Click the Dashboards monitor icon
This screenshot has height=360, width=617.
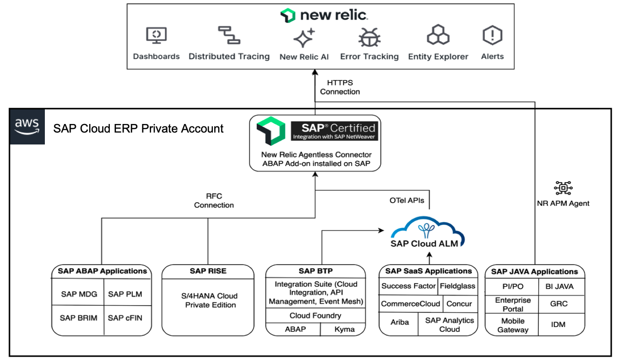pos(156,36)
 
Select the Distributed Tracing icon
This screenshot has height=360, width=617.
pos(229,35)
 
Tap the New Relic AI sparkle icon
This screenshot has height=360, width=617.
pos(304,38)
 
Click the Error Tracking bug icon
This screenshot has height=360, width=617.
pos(369,37)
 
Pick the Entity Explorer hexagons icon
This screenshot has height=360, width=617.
pos(438,36)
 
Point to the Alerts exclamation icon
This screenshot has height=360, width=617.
pos(492,36)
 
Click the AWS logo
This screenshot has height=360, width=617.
pos(27,126)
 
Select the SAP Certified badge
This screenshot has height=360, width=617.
pos(334,131)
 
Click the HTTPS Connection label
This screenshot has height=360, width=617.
pos(340,87)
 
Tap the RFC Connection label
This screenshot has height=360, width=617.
pos(214,201)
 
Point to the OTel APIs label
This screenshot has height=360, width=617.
pos(406,201)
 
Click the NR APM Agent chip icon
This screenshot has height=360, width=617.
pos(563,188)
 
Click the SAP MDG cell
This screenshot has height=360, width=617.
pos(79,294)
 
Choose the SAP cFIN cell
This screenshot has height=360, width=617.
pos(125,318)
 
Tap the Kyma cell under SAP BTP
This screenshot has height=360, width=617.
pos(345,329)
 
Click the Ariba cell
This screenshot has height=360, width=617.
pos(399,322)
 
